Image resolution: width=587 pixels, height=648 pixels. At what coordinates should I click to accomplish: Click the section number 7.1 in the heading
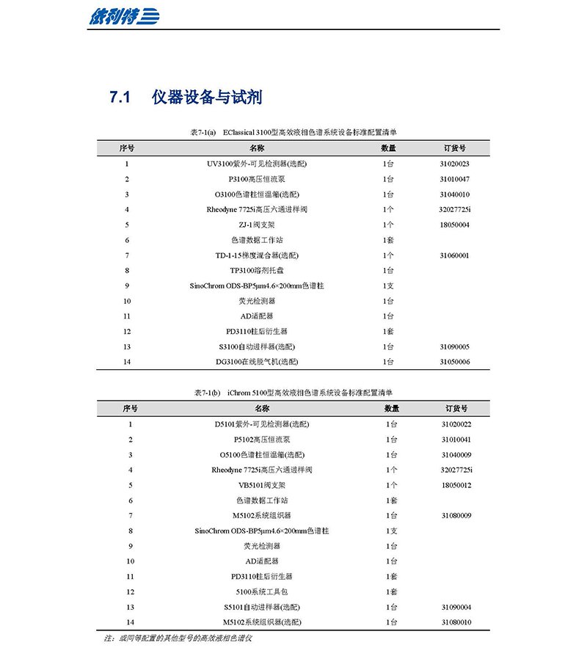coord(120,97)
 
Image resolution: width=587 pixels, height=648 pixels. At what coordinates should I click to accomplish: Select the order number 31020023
coord(455,164)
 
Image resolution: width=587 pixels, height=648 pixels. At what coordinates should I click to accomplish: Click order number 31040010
coord(455,194)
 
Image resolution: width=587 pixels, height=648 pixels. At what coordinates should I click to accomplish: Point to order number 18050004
coord(455,225)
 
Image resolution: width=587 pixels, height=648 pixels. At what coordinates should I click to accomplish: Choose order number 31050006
coord(455,362)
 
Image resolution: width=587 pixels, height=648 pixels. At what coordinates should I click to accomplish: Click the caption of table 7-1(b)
coord(293,393)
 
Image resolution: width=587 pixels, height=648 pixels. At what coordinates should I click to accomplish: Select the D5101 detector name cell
coord(262,424)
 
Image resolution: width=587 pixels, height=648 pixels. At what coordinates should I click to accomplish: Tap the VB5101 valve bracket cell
coord(262,485)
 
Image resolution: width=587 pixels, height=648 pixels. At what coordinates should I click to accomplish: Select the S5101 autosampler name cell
coord(262,607)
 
